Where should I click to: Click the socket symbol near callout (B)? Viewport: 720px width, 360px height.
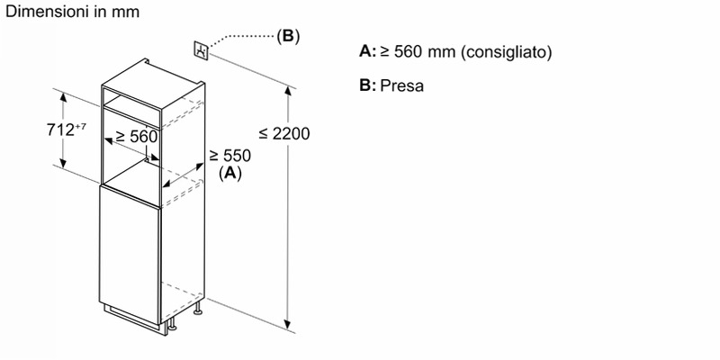tap(202, 50)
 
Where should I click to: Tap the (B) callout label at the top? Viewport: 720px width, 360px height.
tap(288, 36)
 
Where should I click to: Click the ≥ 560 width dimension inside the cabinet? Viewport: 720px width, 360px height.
tap(137, 137)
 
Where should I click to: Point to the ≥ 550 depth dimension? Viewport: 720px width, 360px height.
tap(230, 156)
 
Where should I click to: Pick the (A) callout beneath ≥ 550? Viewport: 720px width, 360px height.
tap(230, 173)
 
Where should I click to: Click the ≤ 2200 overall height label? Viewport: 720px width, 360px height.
tap(284, 133)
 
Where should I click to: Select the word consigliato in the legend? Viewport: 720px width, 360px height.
tap(506, 52)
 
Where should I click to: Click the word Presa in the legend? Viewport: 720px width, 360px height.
tap(401, 85)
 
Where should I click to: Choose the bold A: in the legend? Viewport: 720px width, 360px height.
tap(367, 52)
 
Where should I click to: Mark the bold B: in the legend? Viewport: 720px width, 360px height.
tap(367, 85)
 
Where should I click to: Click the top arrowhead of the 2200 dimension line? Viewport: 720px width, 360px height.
tap(288, 91)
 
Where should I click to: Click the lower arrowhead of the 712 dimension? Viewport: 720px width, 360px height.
tap(63, 164)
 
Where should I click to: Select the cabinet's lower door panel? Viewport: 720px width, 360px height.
tap(130, 255)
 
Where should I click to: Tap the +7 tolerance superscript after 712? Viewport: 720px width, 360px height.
tap(80, 126)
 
